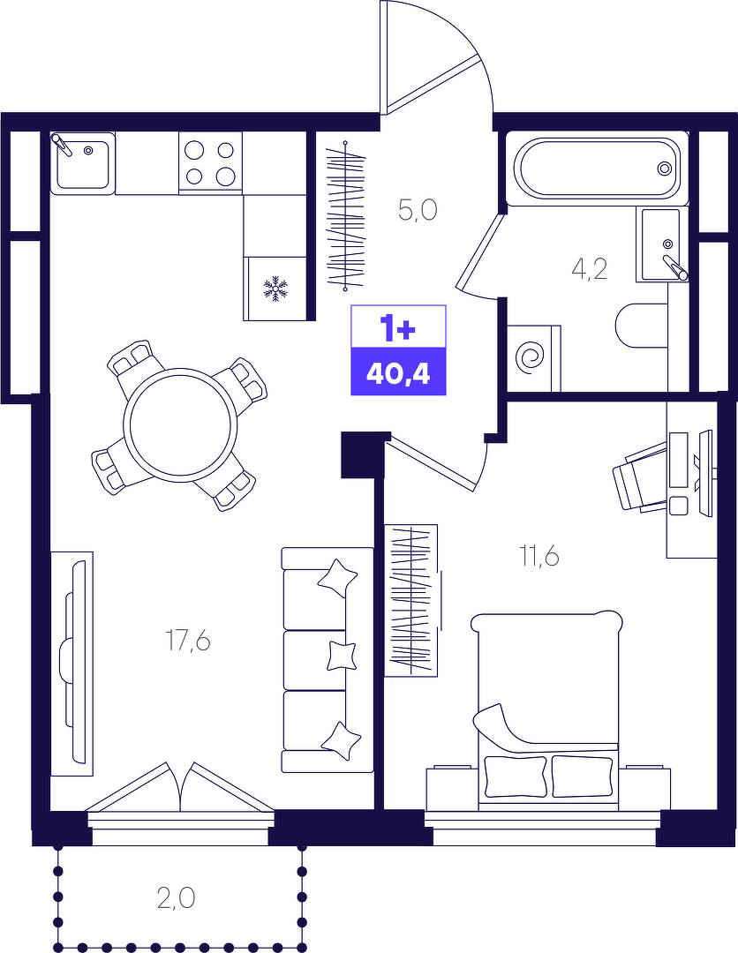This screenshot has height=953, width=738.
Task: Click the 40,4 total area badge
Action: tap(398, 372)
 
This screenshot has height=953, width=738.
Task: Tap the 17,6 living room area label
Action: tap(188, 642)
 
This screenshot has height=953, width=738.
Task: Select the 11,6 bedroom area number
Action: tap(538, 556)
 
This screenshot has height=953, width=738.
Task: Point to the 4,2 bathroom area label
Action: tap(590, 268)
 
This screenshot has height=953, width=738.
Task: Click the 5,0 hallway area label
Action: tap(418, 210)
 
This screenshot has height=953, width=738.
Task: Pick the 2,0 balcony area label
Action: tap(176, 897)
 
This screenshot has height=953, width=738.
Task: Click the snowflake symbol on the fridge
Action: tap(275, 289)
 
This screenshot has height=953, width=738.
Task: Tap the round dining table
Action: tap(180, 424)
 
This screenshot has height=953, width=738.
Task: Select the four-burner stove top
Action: tap(210, 163)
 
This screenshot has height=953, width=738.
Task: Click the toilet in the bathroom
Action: tap(642, 325)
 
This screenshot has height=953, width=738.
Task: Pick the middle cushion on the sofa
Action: tap(341, 656)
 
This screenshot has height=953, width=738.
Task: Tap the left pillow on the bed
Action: tap(516, 777)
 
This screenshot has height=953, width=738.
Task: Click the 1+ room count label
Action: tap(398, 328)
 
